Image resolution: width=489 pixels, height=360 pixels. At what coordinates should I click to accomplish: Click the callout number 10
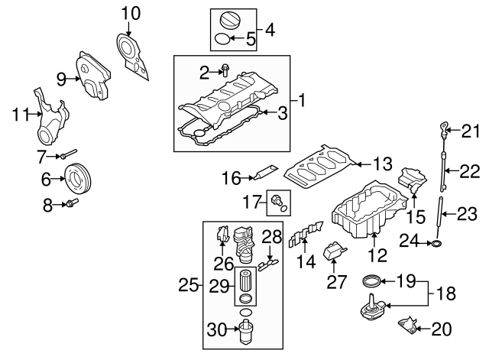[131, 12]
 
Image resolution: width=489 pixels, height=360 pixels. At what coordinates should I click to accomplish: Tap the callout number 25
[188, 286]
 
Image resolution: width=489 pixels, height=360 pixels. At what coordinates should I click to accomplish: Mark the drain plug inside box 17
[277, 201]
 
